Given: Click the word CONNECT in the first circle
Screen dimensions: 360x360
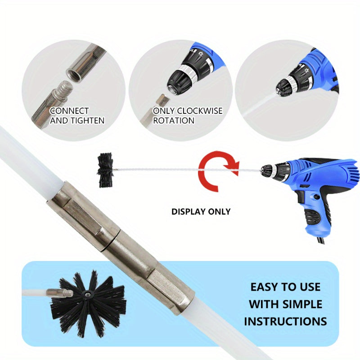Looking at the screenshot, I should [69, 111].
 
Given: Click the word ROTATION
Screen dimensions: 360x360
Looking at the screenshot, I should [174, 121].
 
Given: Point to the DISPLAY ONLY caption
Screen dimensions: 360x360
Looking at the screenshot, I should [201, 211].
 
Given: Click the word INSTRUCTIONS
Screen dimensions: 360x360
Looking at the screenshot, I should [285, 321].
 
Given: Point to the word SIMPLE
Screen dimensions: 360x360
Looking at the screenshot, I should [302, 304].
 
